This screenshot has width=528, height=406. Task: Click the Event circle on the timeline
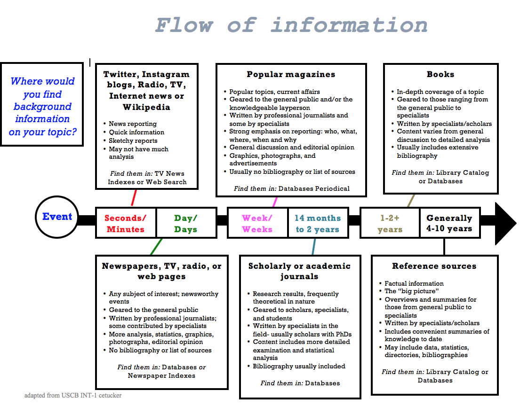pos(57,217)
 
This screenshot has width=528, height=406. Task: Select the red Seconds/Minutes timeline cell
pos(126,224)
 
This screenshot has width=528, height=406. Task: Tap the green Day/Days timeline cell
pos(186,224)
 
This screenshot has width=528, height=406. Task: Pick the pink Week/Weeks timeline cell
pos(257,224)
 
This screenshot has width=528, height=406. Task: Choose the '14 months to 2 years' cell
pos(318,224)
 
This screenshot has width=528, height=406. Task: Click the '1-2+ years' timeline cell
pos(390,224)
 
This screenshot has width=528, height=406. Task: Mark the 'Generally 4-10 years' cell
pos(449,224)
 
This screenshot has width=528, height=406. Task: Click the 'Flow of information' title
pos(291,25)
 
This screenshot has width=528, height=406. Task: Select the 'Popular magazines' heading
pos(291,74)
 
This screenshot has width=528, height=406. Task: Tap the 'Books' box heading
pos(440,74)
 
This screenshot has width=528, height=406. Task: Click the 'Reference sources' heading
pos(434,266)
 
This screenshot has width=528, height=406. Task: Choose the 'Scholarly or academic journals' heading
pos(299,271)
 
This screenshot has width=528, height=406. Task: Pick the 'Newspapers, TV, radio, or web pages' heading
pos(161,271)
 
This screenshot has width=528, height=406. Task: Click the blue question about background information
pos(42,107)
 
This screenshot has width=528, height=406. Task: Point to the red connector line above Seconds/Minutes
pos(134,197)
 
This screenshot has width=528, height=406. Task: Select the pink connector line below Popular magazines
pos(275,202)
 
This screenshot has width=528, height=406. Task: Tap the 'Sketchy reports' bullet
pos(133,141)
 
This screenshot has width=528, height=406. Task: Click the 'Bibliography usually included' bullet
pos(299,366)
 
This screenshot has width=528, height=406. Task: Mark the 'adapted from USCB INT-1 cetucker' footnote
pos(73,395)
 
